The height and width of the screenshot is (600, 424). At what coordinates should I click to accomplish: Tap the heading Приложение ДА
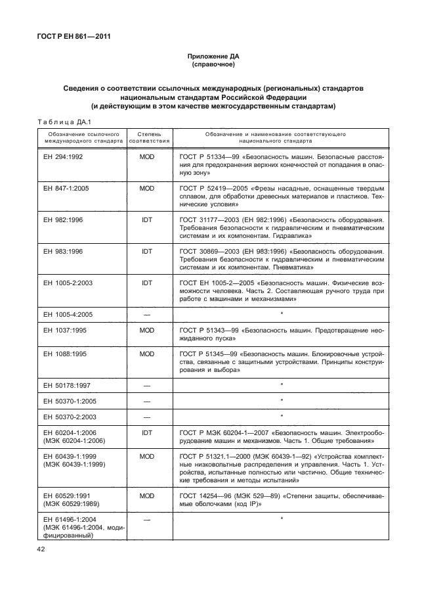213,58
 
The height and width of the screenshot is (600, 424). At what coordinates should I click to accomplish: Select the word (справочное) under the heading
213,66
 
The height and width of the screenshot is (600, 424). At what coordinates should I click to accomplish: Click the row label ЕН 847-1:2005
66,188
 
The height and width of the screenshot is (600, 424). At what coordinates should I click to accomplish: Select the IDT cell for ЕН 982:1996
146,218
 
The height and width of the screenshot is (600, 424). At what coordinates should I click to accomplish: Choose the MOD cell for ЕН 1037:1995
146,331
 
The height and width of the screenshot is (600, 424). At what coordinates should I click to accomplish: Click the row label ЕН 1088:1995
63,354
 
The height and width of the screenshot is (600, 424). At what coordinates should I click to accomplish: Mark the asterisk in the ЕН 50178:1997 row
281,384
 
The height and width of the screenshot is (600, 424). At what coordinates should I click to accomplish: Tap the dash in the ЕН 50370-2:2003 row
146,416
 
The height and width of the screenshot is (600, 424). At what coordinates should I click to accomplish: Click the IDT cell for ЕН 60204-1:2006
146,432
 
